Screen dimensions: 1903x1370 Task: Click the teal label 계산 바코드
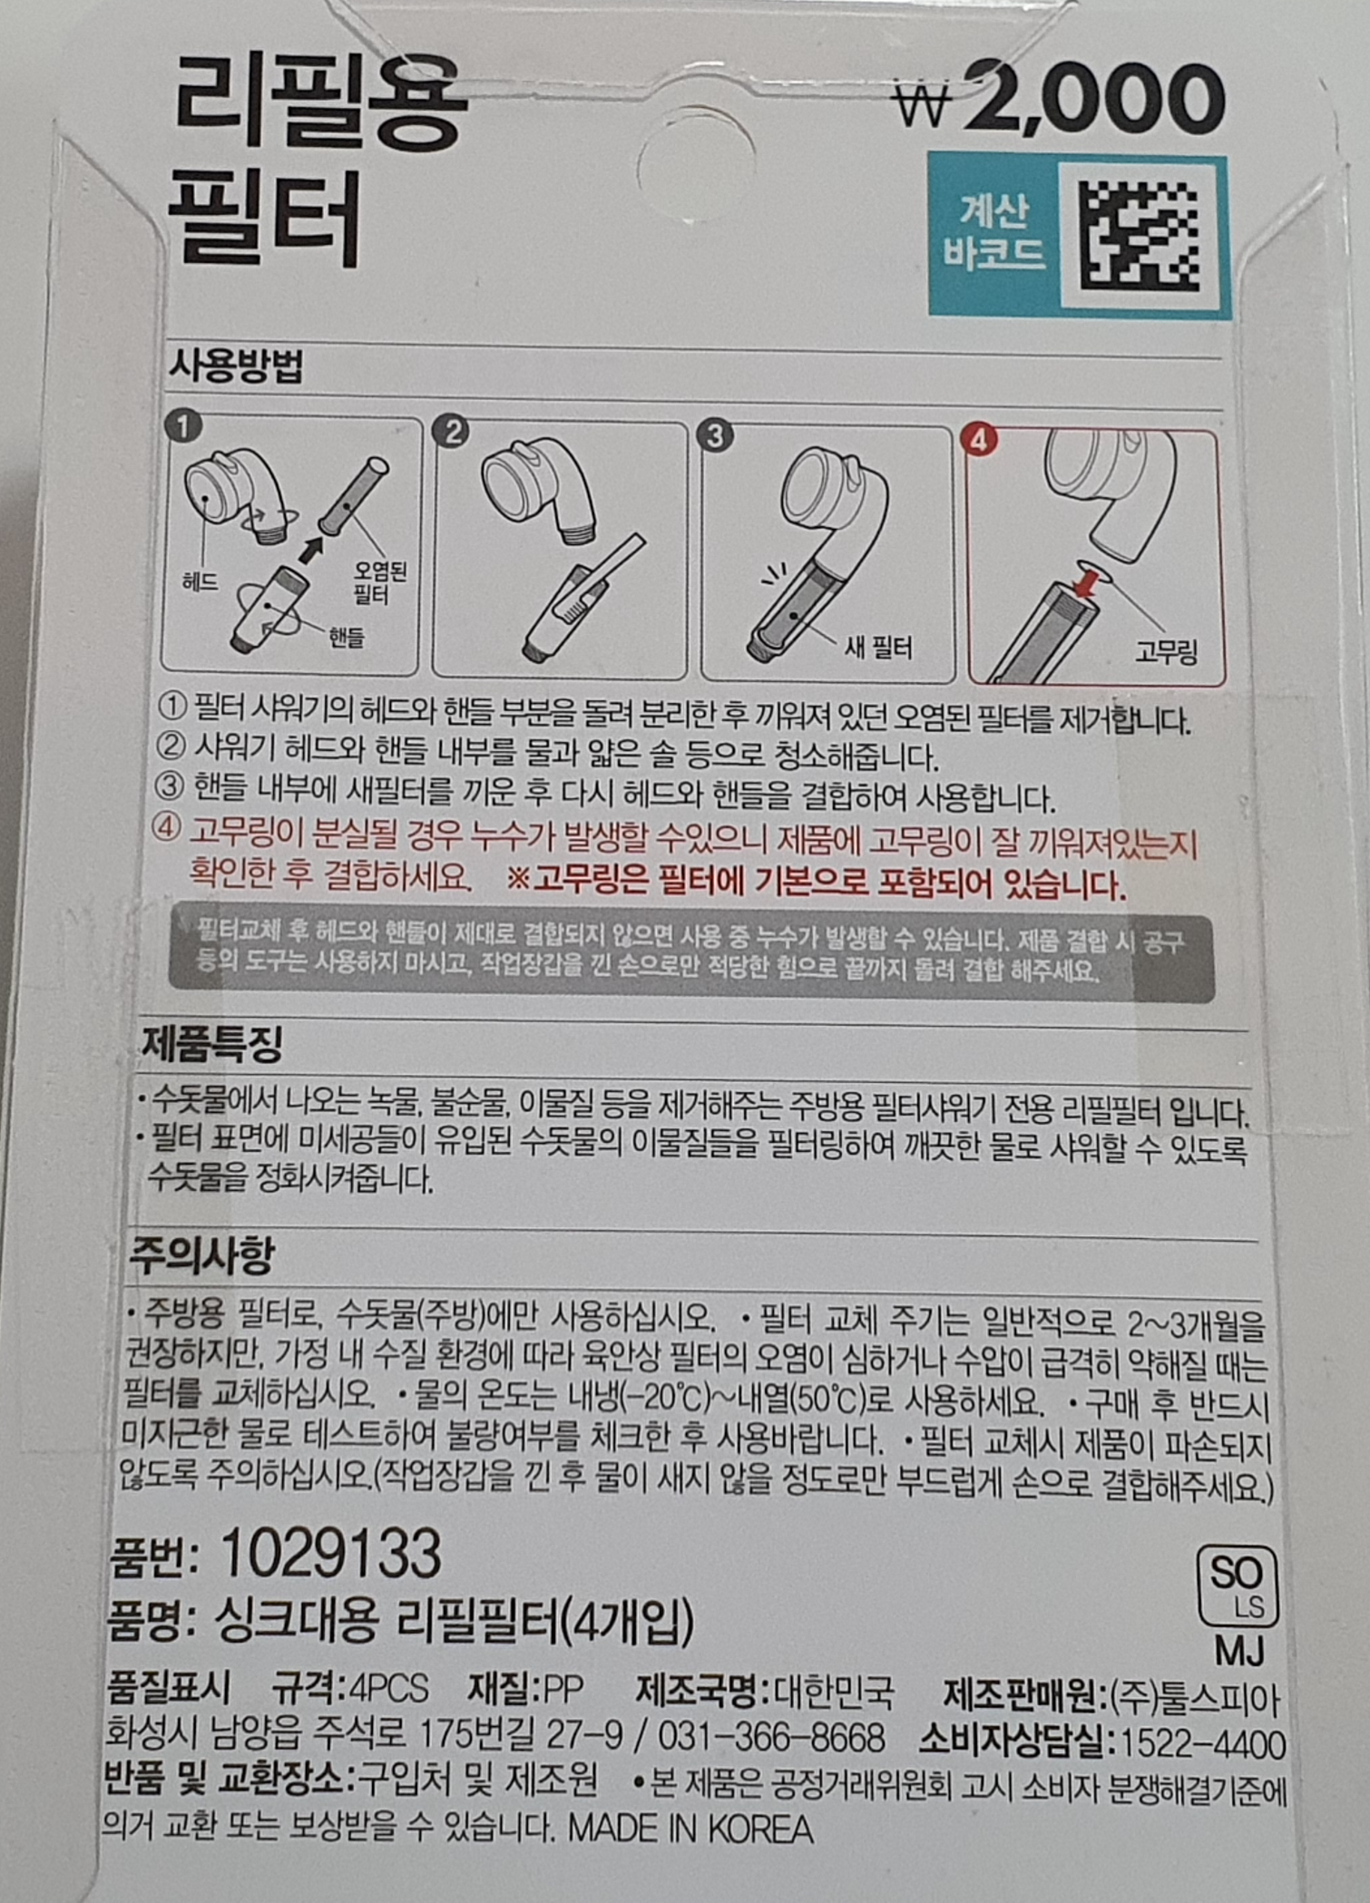(993, 234)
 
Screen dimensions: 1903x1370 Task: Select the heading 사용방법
(236, 366)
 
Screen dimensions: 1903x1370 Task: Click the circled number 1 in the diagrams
(184, 425)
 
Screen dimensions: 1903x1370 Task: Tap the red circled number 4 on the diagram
(978, 440)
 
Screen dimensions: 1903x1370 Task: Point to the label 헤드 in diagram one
(200, 581)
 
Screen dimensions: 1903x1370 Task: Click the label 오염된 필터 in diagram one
(379, 582)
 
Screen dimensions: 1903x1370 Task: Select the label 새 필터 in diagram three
(877, 647)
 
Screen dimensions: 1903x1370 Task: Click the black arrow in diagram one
(309, 548)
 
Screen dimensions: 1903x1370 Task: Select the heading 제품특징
(211, 1043)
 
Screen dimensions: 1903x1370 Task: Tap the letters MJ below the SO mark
(1238, 1651)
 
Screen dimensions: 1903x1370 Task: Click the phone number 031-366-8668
(770, 1737)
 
